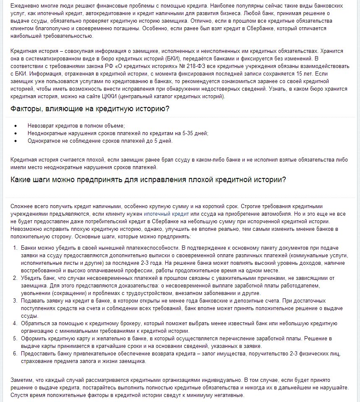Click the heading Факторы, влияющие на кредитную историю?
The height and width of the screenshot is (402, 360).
click(90, 109)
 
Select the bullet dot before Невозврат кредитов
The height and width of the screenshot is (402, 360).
click(16, 126)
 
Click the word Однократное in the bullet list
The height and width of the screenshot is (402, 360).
click(43, 141)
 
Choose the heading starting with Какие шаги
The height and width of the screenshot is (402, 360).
click(148, 180)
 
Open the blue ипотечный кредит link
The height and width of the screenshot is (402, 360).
click(160, 214)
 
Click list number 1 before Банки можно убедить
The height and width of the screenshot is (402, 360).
click(15, 248)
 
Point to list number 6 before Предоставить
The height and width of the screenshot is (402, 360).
click(15, 354)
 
